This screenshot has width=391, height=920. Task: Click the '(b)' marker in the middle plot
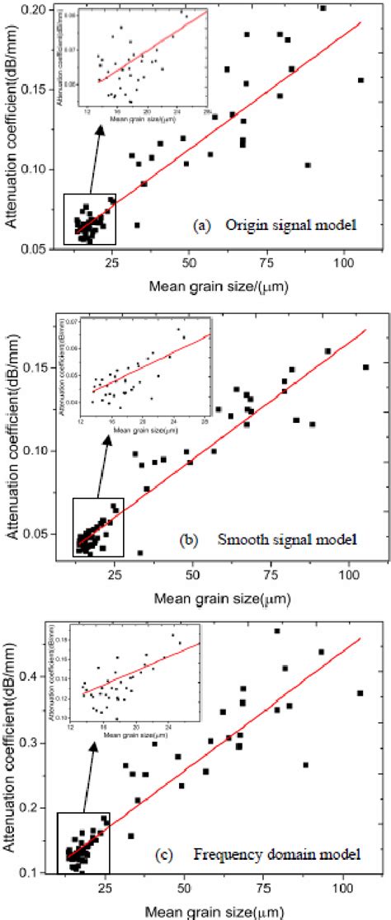189,541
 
